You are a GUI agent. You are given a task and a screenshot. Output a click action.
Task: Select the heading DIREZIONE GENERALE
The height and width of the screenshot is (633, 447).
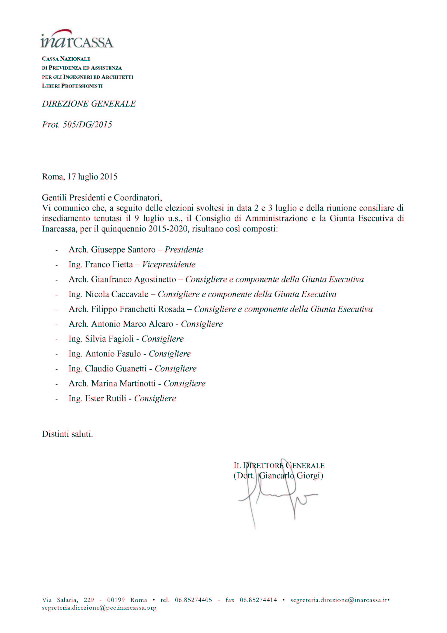pos(89,104)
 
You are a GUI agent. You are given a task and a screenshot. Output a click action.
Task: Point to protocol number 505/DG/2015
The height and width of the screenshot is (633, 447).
pos(87,125)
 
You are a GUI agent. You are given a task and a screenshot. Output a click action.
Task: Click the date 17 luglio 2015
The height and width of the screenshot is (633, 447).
pos(92,176)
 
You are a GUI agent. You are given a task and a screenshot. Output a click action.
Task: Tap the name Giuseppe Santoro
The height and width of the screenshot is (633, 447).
pos(123,249)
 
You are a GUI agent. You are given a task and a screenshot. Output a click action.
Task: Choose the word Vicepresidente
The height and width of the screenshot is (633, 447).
pos(169,264)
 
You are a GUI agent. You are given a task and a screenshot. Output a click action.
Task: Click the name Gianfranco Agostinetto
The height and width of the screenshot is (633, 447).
pos(133,279)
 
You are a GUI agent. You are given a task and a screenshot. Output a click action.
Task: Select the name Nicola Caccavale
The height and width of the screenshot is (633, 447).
pos(117,294)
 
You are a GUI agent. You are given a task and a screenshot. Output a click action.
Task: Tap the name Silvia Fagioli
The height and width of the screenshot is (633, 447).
pos(109,339)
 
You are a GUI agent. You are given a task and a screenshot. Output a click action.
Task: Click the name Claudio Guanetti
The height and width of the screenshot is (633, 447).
pos(116,369)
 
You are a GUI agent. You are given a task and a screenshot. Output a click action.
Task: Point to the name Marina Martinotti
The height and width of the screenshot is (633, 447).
pos(123,384)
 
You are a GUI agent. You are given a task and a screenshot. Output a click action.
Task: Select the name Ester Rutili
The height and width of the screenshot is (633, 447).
pos(106,398)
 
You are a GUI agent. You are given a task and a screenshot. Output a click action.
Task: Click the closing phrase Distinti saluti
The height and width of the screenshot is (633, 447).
pos(67,434)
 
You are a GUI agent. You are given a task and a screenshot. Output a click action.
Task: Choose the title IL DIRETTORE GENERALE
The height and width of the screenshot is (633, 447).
pos(279,466)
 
